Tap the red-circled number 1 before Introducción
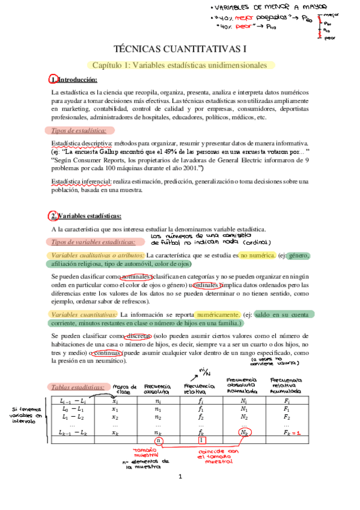click(52, 80)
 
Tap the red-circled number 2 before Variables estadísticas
click(52, 217)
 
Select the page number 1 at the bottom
click(180, 494)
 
